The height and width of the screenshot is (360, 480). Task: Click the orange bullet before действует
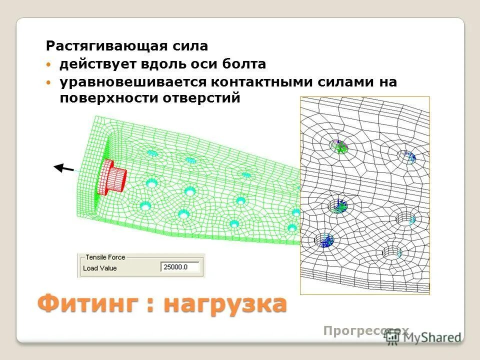click(x=48, y=65)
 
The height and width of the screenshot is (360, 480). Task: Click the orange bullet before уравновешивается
click(x=48, y=82)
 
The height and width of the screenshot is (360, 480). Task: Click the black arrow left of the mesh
click(x=63, y=168)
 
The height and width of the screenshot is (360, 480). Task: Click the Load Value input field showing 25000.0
click(x=181, y=267)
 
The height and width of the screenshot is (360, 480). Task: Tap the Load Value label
click(x=100, y=268)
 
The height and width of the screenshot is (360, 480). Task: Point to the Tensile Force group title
click(x=105, y=257)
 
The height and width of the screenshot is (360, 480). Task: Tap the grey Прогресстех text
click(x=366, y=330)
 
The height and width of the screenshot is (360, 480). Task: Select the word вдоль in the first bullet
click(x=166, y=64)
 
